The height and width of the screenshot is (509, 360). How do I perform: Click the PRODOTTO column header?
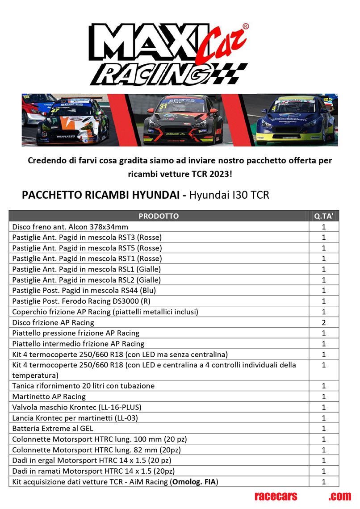pyautogui.click(x=159, y=216)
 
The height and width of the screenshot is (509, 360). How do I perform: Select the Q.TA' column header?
pyautogui.click(x=324, y=216)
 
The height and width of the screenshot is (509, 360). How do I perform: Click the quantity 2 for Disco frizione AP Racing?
pyautogui.click(x=324, y=322)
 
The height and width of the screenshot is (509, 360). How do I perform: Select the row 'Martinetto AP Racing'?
pyautogui.click(x=49, y=396)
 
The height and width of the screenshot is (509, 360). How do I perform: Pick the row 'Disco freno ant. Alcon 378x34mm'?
pyautogui.click(x=70, y=227)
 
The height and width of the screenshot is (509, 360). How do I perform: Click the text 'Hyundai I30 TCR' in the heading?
pyautogui.click(x=229, y=195)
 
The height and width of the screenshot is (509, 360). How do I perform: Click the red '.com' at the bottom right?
pyautogui.click(x=339, y=496)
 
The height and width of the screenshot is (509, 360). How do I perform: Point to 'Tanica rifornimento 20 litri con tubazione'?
pyautogui.click(x=84, y=386)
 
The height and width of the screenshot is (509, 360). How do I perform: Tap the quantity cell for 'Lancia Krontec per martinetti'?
pyautogui.click(x=324, y=418)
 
